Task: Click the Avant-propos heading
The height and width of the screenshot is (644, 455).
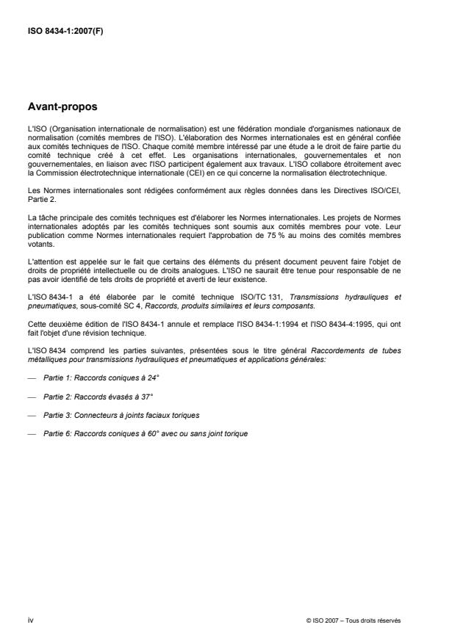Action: point(62,106)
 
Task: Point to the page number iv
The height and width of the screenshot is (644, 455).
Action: point(30,620)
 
